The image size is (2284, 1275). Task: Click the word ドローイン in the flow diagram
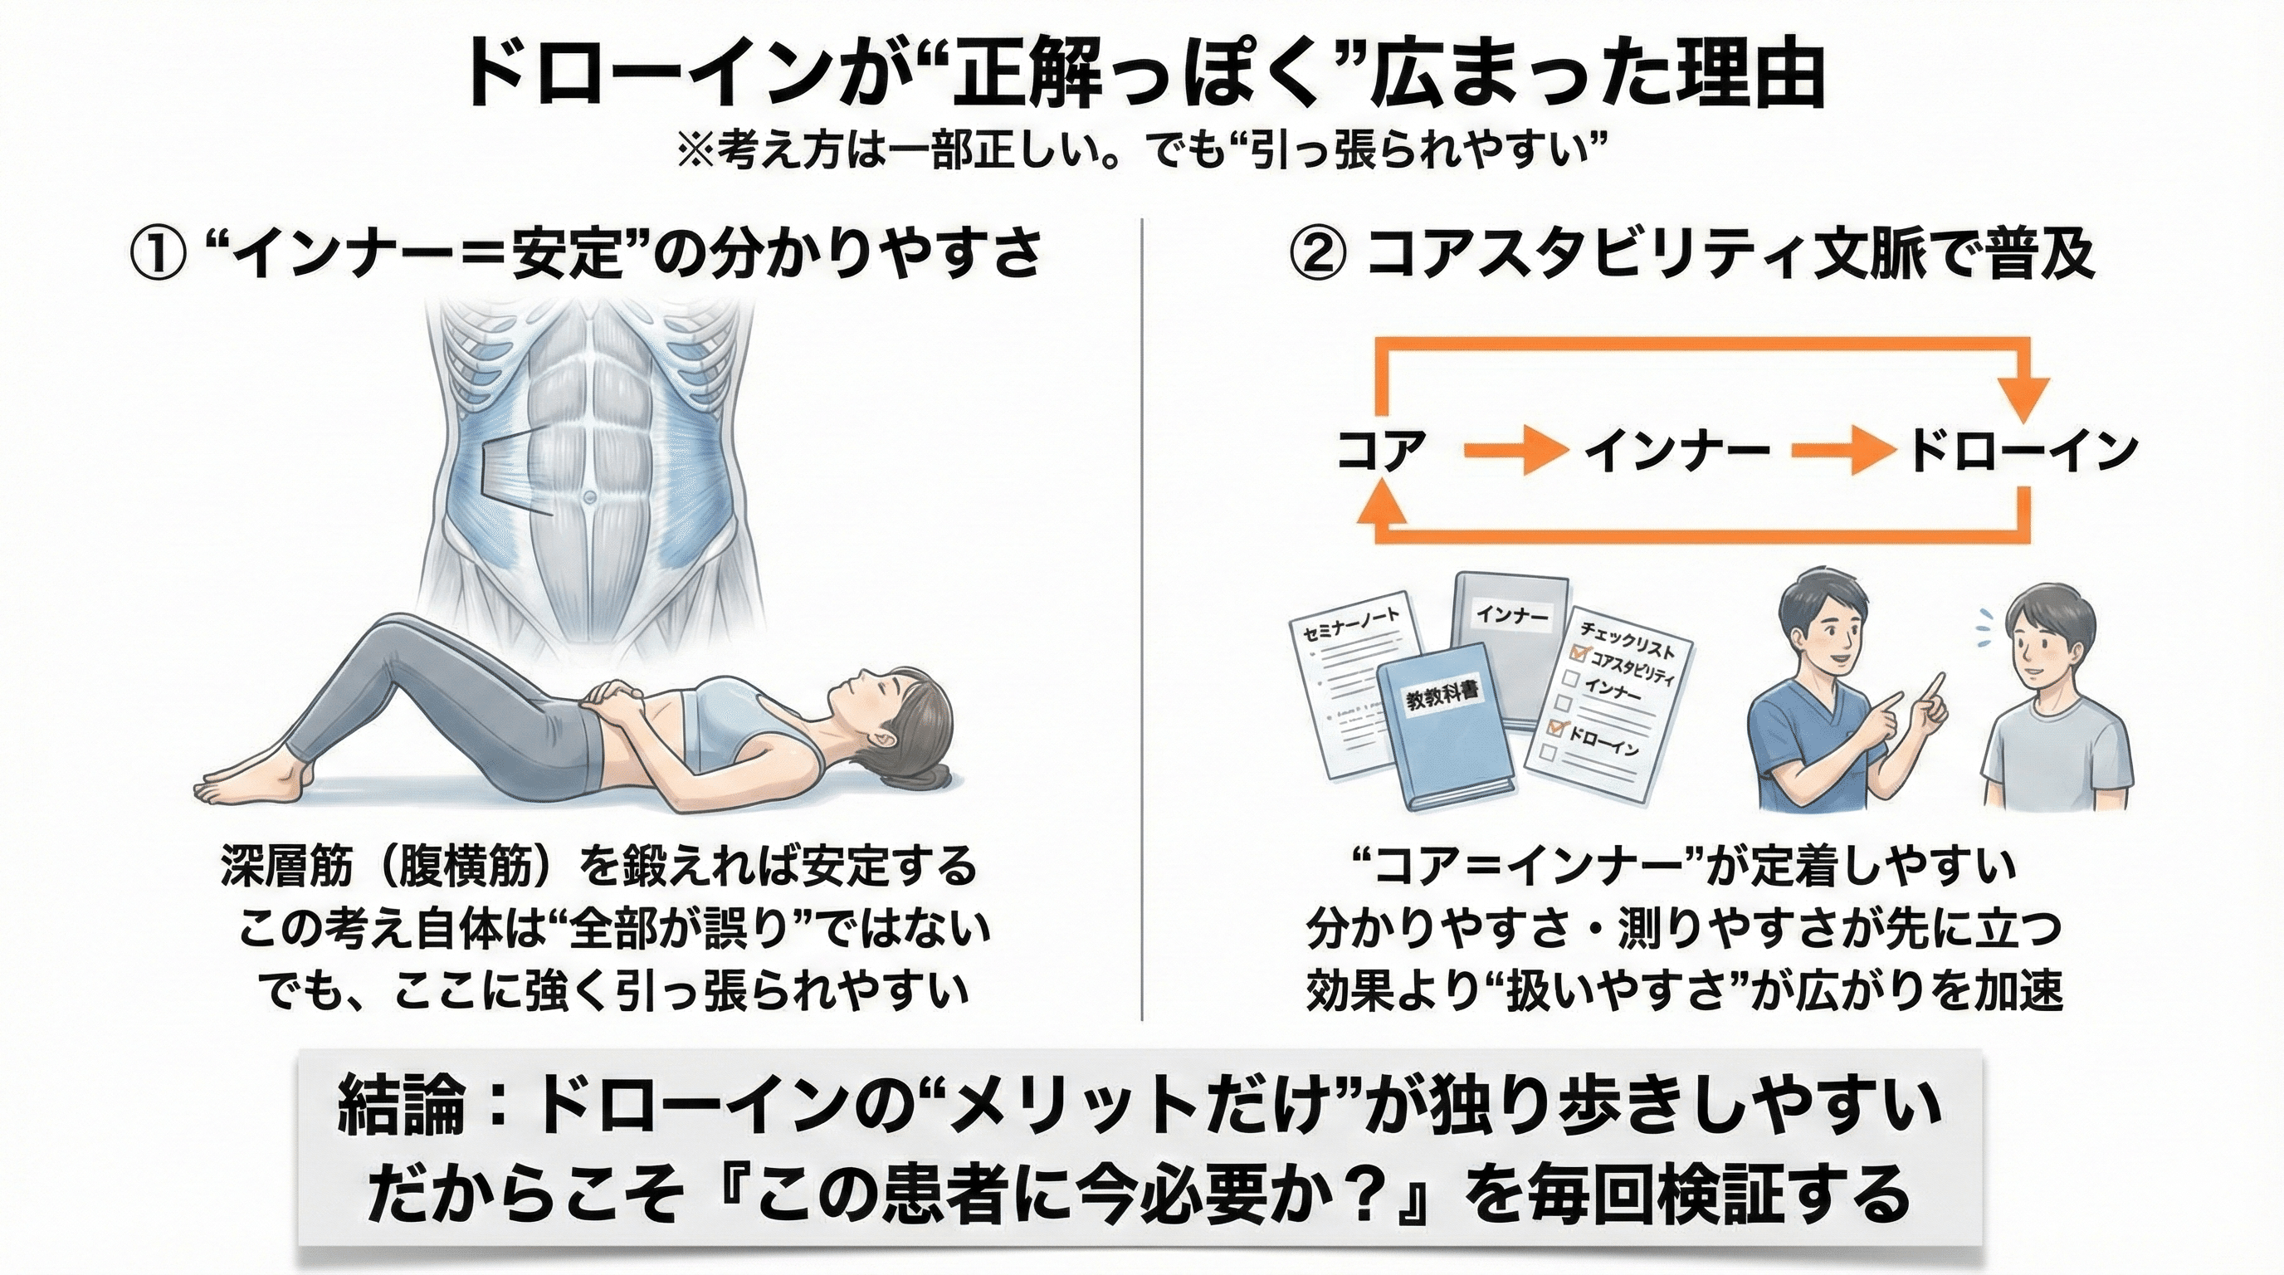2023,452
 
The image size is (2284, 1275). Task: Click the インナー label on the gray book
1515,615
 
